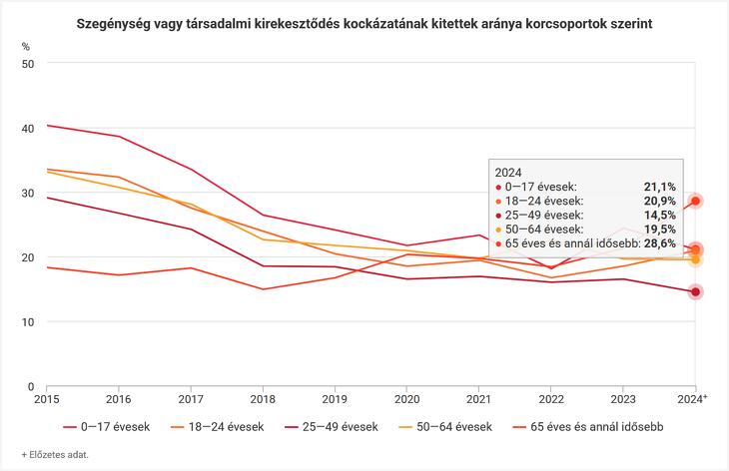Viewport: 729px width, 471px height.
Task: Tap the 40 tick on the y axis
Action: click(28, 128)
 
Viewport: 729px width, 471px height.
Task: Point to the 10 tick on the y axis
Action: click(28, 321)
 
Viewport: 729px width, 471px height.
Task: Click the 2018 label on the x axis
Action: click(263, 398)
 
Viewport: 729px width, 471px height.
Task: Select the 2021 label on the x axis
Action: click(478, 398)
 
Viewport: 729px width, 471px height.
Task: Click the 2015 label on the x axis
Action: click(47, 398)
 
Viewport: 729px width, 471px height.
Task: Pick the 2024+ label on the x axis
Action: click(694, 398)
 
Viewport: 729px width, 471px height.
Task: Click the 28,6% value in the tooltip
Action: click(658, 242)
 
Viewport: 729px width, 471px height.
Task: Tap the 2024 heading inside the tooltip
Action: click(508, 172)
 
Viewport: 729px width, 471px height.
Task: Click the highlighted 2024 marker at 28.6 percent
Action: click(695, 201)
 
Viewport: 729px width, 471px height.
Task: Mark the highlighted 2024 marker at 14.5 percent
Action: click(695, 291)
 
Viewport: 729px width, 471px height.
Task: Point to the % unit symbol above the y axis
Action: click(26, 47)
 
